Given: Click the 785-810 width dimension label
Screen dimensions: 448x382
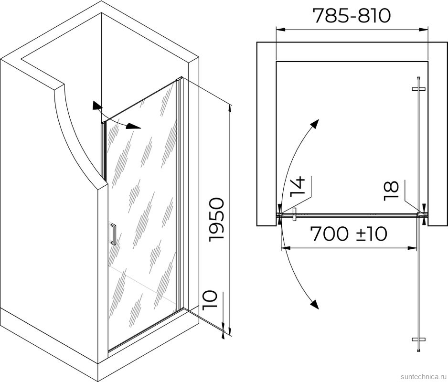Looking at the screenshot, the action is [352, 16].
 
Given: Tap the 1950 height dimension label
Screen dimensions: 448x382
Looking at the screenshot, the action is [216, 220].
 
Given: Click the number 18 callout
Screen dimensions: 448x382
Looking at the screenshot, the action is [391, 191].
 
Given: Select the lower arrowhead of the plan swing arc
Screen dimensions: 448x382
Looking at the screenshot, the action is [315, 304].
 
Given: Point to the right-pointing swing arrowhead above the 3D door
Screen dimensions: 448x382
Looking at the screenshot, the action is [134, 126].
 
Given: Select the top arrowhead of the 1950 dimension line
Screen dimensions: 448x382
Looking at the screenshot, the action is [230, 110].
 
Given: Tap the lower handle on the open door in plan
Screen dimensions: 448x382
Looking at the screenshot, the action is [418, 340].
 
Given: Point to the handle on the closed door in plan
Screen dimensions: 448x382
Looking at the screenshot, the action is [295, 214].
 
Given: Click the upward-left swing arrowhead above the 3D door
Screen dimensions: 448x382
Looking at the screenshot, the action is [96, 105].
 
